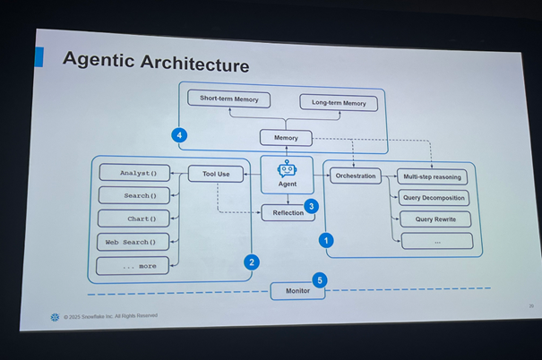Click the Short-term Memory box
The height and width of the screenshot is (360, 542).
click(229, 99)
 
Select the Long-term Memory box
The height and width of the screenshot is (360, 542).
click(339, 103)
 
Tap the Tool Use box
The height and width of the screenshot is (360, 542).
click(216, 174)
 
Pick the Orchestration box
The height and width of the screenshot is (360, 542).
click(355, 176)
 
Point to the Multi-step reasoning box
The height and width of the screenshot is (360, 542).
click(433, 177)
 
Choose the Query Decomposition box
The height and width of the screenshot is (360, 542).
click(434, 198)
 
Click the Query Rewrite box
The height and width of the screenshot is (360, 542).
click(435, 219)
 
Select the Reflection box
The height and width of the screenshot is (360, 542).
click(288, 212)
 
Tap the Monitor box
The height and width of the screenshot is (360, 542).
click(298, 291)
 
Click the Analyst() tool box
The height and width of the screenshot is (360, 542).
click(133, 173)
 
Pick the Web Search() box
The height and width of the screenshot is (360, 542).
click(132, 242)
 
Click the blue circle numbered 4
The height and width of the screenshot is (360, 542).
click(179, 135)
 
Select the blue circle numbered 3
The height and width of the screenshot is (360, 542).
click(311, 206)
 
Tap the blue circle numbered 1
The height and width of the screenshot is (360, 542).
click(326, 240)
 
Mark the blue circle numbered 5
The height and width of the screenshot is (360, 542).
click(320, 280)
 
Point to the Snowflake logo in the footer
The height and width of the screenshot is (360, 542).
click(56, 316)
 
